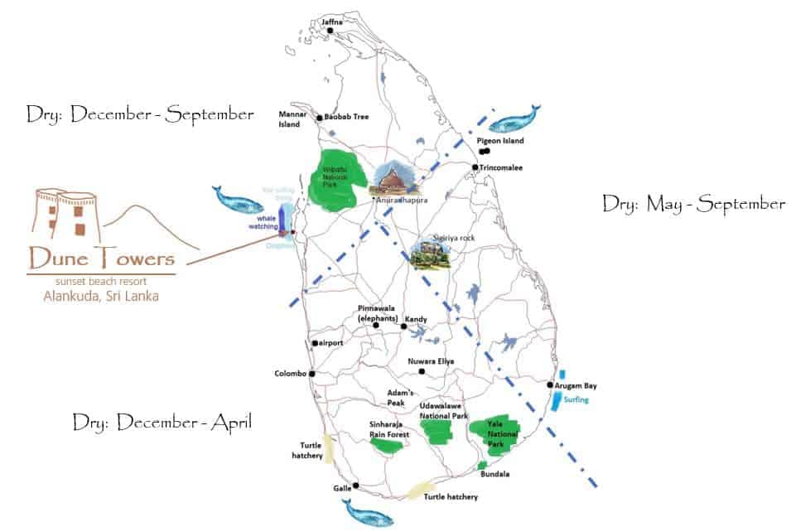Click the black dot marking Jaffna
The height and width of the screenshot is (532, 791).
click(x=330, y=31)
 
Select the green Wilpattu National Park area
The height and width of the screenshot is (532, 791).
click(x=335, y=179)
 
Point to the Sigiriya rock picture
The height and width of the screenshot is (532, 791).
click(x=432, y=252)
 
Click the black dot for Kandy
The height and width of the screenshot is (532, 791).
click(x=403, y=326)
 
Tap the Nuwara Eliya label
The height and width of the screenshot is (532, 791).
click(x=432, y=361)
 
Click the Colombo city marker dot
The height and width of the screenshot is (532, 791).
click(x=312, y=374)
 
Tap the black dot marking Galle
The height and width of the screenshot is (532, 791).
click(x=355, y=486)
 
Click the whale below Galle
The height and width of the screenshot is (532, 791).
click(x=368, y=515)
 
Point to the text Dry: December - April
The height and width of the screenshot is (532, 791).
click(x=162, y=423)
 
